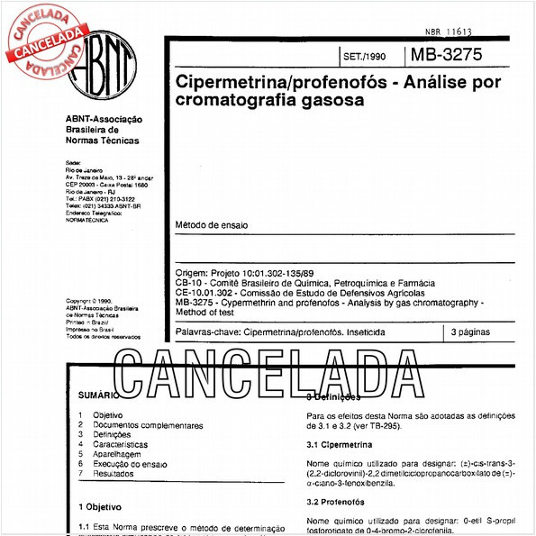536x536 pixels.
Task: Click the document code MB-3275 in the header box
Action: point(446,54)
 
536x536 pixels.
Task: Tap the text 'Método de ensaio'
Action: point(212,224)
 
